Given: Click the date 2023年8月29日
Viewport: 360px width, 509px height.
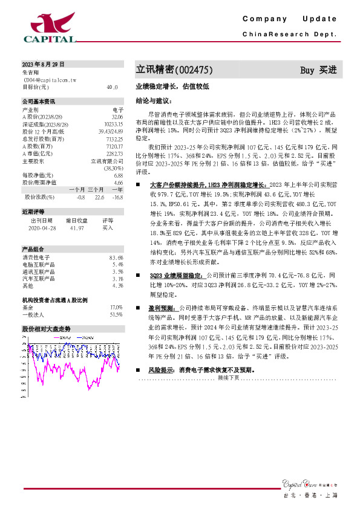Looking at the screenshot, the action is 43,64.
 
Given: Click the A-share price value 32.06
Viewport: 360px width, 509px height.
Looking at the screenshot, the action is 117,116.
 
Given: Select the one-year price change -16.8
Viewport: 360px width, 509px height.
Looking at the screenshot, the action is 117,197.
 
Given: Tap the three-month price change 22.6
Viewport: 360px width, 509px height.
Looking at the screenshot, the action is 100,197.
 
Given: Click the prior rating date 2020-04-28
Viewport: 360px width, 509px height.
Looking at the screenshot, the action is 42,228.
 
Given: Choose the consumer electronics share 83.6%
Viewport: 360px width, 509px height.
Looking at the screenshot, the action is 117,258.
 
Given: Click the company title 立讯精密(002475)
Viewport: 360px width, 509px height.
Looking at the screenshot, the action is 173,70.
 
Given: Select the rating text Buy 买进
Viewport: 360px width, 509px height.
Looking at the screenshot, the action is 318,70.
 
